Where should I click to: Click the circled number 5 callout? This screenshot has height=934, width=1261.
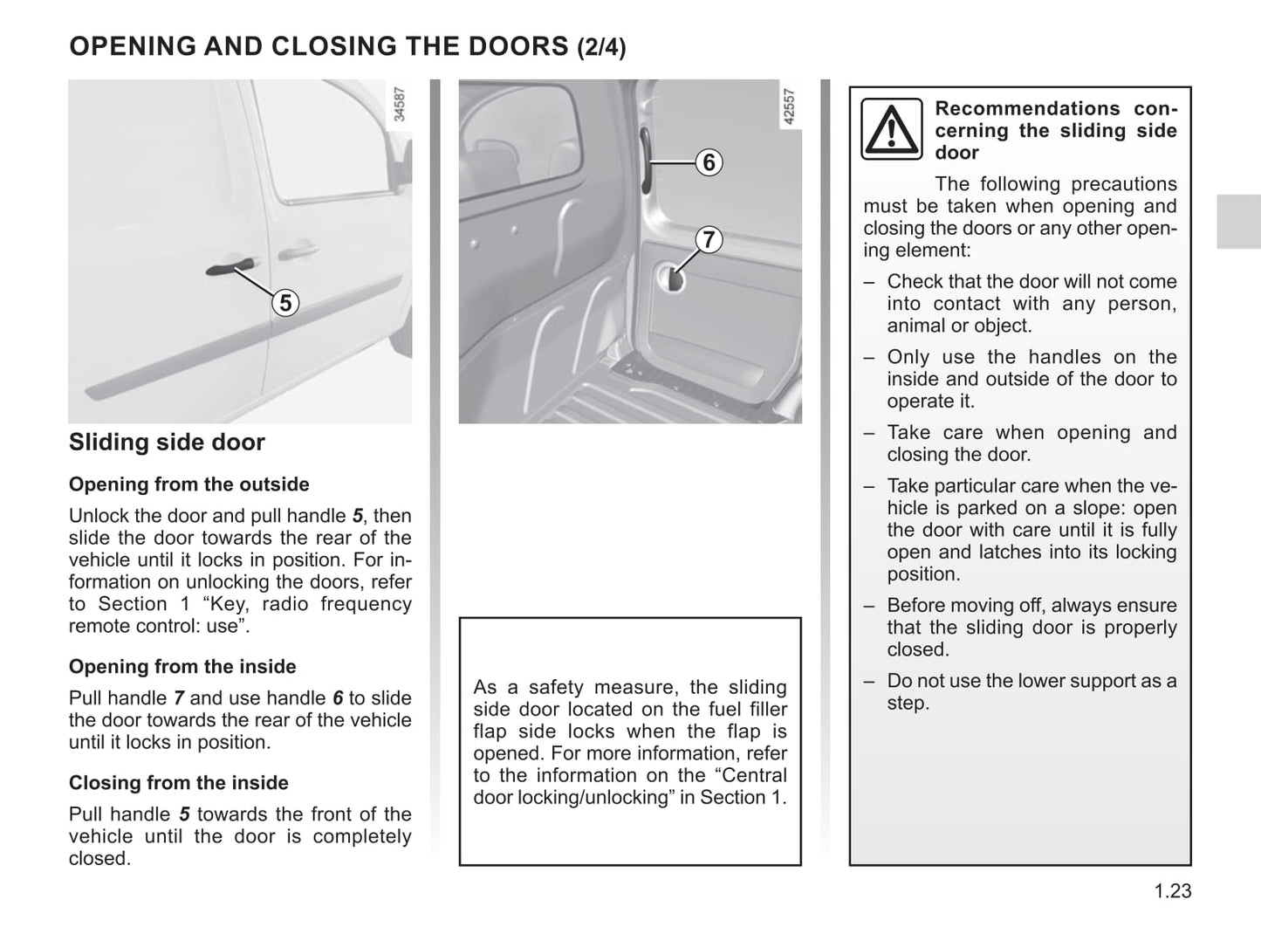[285, 303]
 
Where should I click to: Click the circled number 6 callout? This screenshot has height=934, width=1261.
[709, 162]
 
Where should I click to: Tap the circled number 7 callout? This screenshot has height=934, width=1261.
[709, 239]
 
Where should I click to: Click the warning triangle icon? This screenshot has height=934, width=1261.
[891, 129]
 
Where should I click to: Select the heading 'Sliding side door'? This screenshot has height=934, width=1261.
[167, 443]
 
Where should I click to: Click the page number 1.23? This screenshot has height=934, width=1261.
[1172, 891]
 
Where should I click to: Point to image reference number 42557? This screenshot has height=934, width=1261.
[789, 106]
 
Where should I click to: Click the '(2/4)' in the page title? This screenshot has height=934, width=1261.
[601, 47]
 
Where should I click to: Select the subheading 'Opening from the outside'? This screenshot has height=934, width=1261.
[188, 484]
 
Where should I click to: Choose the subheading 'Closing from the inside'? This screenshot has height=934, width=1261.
[178, 783]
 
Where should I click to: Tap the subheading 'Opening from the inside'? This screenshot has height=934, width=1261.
[182, 667]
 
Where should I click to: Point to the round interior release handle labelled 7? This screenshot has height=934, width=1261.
[675, 279]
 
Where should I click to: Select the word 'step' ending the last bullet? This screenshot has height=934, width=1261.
[906, 704]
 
